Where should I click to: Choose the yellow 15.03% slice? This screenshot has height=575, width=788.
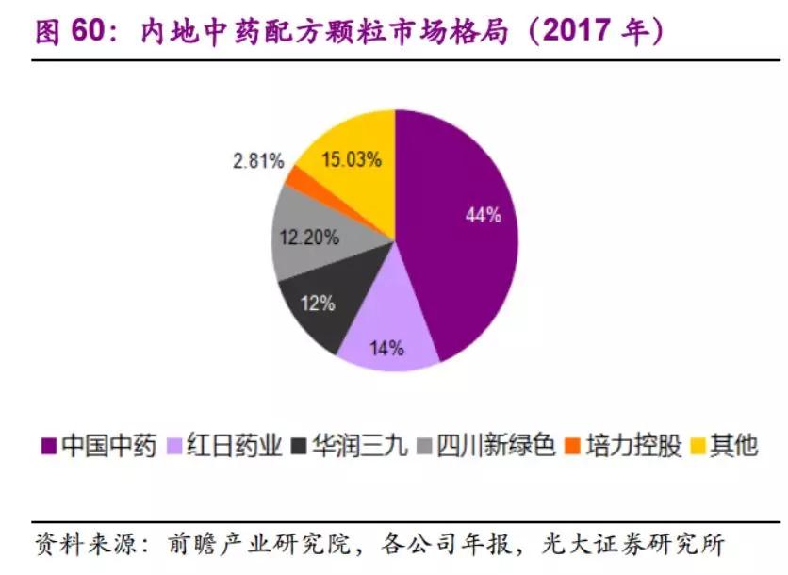[349, 160]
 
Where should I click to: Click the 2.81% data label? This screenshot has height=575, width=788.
[257, 161]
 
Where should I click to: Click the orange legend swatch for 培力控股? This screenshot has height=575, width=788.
[571, 447]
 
